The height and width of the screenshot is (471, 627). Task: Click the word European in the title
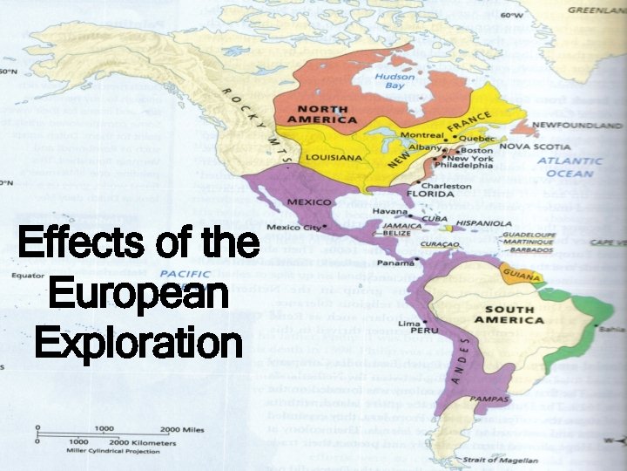[137, 294]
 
